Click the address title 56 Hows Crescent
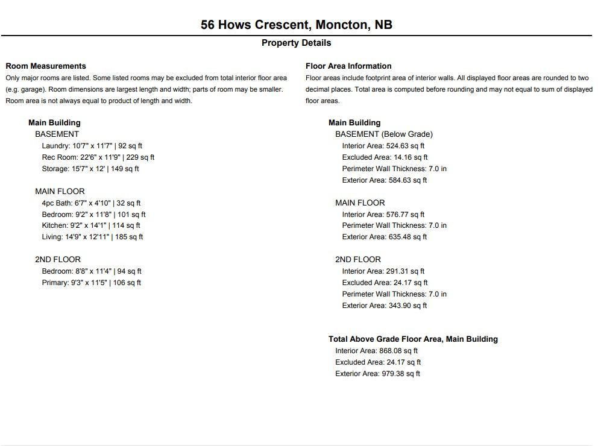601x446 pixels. (297, 25)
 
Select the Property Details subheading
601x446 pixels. (296, 43)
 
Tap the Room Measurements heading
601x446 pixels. (46, 66)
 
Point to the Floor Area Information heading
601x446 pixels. (348, 66)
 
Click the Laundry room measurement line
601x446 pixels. (92, 146)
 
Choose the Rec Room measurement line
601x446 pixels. (98, 157)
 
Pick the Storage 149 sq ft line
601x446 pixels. (90, 169)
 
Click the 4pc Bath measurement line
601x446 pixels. (91, 203)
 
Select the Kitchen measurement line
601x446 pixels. (91, 225)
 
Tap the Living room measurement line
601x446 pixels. (92, 237)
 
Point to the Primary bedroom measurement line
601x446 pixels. (91, 283)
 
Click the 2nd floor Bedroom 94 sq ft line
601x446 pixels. (92, 271)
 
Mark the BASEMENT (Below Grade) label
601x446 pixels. (384, 134)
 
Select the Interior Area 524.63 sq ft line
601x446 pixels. (383, 146)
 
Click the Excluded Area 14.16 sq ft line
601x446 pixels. (385, 157)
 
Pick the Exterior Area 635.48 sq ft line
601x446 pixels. (384, 237)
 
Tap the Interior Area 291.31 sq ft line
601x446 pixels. (383, 271)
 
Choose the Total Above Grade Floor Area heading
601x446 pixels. (413, 339)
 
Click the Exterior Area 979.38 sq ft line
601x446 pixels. (377, 374)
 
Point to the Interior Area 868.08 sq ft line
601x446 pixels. (376, 351)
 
